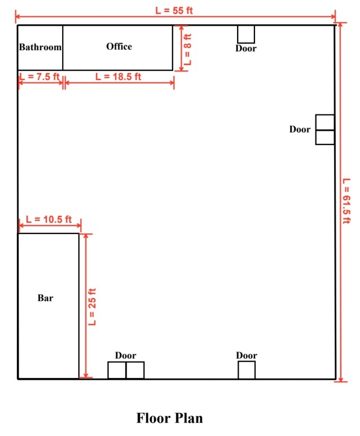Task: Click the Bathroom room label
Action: click(x=40, y=47)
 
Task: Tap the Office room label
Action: click(x=119, y=46)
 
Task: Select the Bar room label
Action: click(x=45, y=298)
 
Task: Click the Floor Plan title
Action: click(x=169, y=418)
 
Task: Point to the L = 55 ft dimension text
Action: click(x=174, y=11)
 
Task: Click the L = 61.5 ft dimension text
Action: click(x=346, y=201)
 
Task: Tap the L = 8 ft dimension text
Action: click(x=188, y=49)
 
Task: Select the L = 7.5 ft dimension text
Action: click(x=39, y=77)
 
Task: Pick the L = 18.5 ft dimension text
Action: click(x=118, y=77)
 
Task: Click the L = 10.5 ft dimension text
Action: click(x=49, y=219)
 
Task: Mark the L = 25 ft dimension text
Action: click(x=92, y=307)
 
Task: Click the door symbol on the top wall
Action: click(x=246, y=34)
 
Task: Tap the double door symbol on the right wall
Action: click(x=325, y=130)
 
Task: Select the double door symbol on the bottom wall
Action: click(x=126, y=370)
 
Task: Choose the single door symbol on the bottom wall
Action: click(x=247, y=370)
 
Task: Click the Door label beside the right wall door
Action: click(x=300, y=129)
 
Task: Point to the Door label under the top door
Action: click(x=246, y=49)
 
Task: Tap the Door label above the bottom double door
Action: click(x=125, y=355)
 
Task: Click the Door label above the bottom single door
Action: click(x=247, y=355)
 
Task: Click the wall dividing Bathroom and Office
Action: click(x=63, y=47)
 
